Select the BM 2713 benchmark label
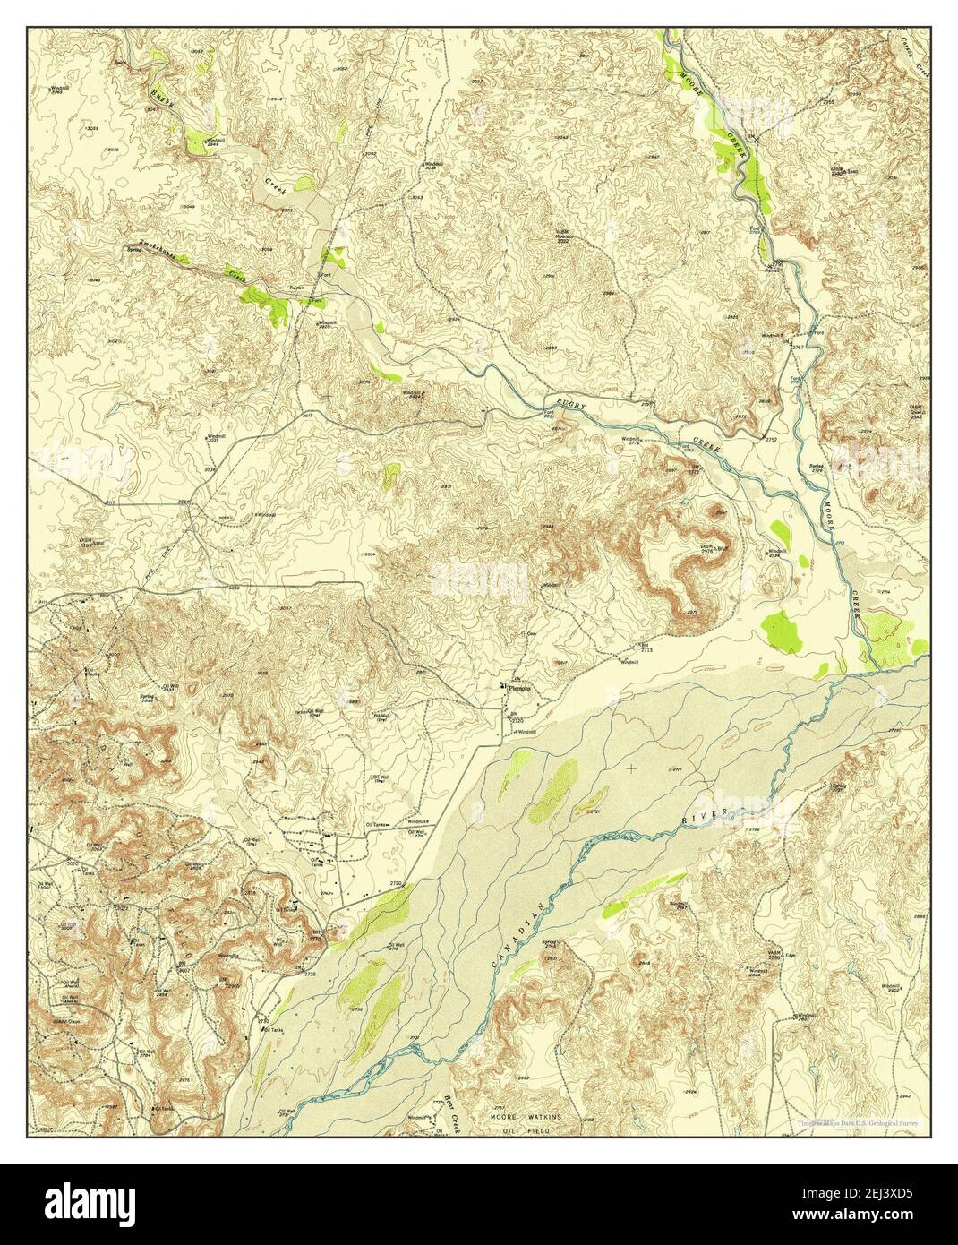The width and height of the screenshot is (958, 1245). point(643,647)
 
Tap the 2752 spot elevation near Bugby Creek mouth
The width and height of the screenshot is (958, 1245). point(771,440)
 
